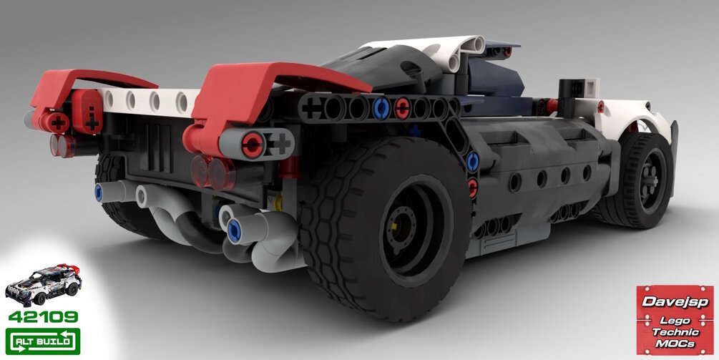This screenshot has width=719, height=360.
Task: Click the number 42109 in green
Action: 43,316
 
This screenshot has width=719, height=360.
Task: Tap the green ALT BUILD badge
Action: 43,341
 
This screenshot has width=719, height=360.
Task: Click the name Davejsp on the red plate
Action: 675,302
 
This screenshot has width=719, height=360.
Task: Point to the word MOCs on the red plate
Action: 675,344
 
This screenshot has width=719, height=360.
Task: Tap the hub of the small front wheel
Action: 650,180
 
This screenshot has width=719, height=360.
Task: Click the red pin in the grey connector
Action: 253,145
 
